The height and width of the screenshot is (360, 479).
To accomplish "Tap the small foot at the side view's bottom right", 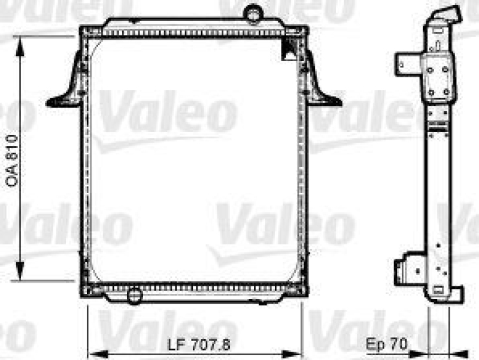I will (x=455, y=294).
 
